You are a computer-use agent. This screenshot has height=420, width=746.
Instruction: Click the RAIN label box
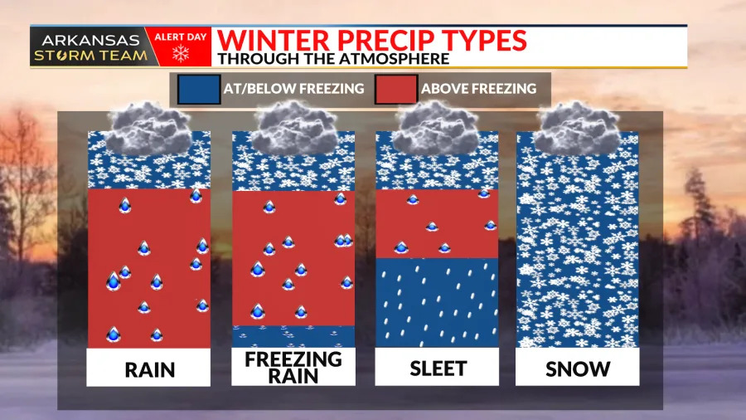point(148,367)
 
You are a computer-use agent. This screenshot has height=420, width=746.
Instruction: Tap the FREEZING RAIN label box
point(293,367)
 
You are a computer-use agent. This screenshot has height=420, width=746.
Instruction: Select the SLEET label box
point(437,367)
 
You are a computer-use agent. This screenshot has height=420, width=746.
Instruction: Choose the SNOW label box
point(577,367)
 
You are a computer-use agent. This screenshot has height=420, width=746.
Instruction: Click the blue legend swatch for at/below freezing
point(199,89)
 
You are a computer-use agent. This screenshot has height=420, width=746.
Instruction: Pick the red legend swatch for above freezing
point(396,89)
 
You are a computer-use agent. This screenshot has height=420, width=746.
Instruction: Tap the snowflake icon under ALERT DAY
point(181,54)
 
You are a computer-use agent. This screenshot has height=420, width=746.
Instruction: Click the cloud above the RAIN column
point(149,128)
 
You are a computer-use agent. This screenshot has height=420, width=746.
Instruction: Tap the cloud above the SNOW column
point(577,128)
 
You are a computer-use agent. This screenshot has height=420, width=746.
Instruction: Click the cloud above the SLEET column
point(437,128)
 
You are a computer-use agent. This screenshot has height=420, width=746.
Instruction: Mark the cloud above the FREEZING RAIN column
point(294,128)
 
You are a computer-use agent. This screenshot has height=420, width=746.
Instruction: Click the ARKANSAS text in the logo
point(90,40)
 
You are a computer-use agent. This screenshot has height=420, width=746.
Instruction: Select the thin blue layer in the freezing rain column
point(293,336)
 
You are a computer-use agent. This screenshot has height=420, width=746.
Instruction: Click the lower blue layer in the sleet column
point(437,302)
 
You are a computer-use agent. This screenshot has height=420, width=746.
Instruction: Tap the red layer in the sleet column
point(437,224)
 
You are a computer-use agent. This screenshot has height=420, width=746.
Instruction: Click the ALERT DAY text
point(181,37)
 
